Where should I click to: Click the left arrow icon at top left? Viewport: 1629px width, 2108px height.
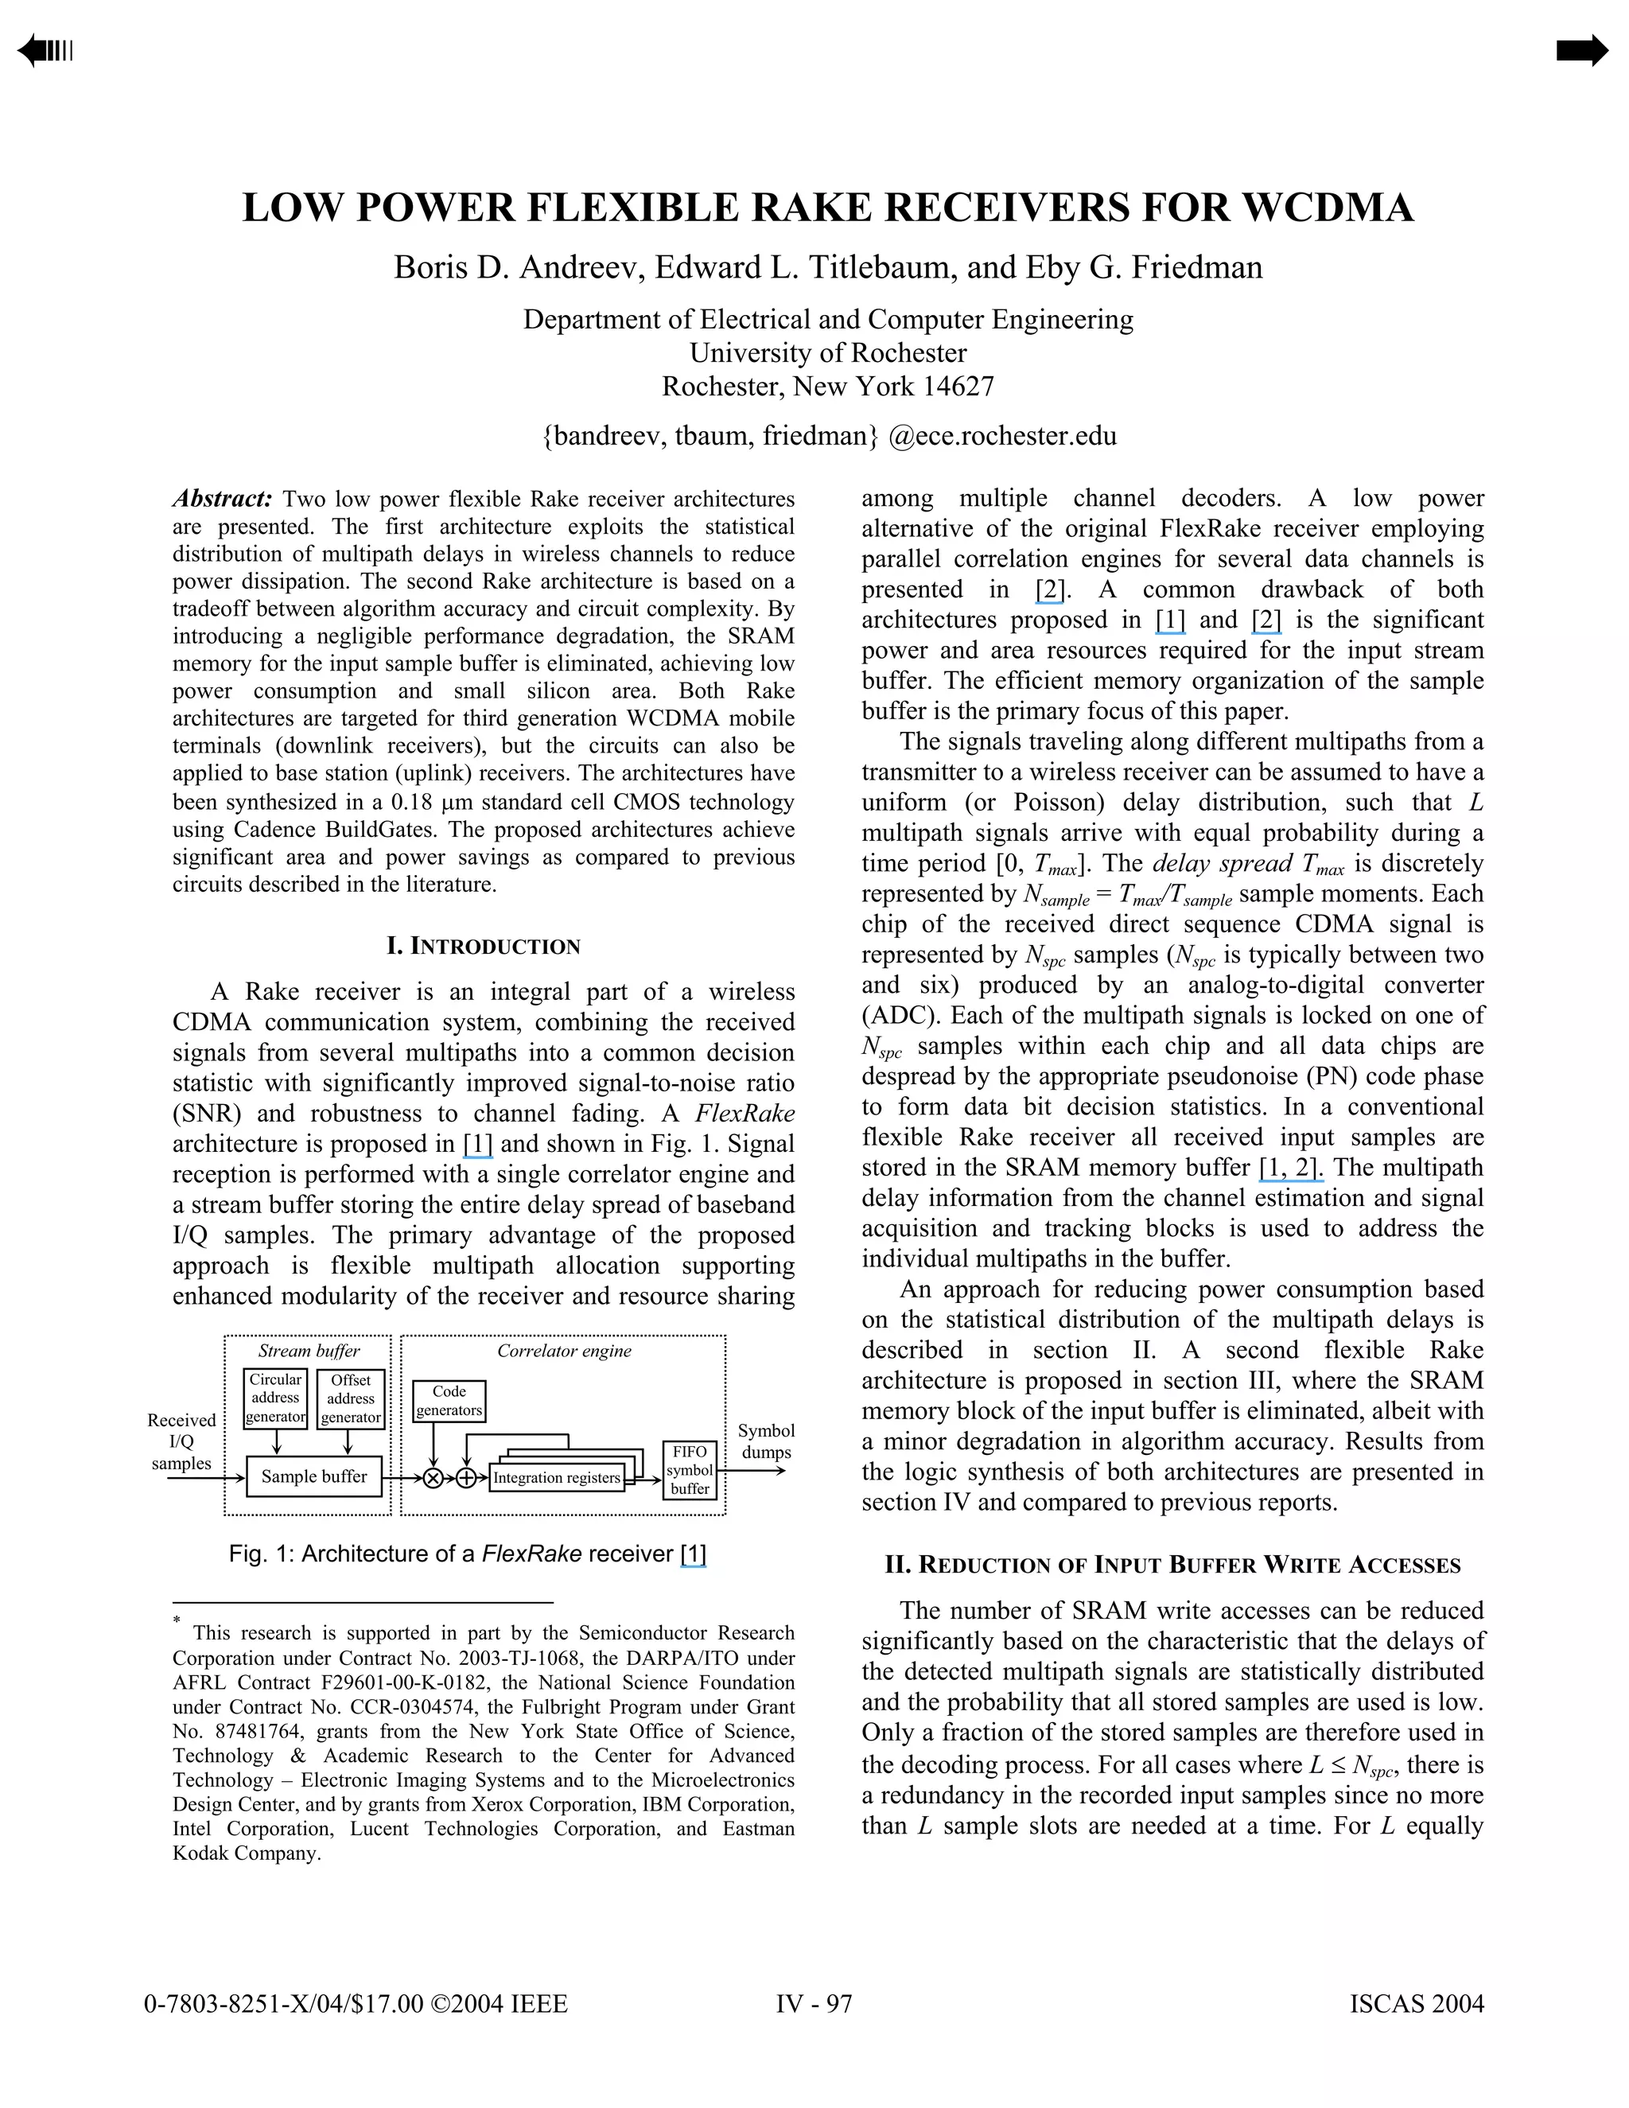pos(44,50)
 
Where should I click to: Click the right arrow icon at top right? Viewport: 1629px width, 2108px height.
pos(1582,50)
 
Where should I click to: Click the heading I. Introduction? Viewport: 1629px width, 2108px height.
pos(484,946)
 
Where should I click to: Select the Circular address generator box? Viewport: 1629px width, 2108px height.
pos(275,1398)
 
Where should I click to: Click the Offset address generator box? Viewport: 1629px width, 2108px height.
pos(350,1398)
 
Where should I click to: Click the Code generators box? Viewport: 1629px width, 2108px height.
pos(449,1401)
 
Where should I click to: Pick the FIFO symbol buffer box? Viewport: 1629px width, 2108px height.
pos(690,1470)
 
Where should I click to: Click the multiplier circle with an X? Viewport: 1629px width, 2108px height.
pos(433,1478)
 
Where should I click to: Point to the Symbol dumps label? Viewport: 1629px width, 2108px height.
pos(766,1441)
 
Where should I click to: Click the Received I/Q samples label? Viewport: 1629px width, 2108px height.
pos(181,1441)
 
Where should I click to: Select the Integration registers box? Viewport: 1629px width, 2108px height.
pos(556,1478)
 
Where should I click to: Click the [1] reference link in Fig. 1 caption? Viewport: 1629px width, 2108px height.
pos(693,1554)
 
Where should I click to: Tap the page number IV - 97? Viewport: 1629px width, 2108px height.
pos(814,2004)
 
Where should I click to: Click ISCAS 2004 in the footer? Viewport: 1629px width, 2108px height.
pos(1416,2004)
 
